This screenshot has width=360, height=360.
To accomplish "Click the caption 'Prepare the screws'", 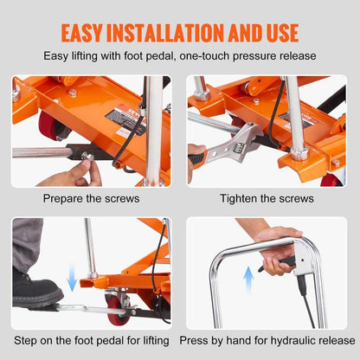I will click(x=91, y=199).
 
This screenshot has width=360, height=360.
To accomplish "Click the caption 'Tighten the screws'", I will click(x=267, y=199).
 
